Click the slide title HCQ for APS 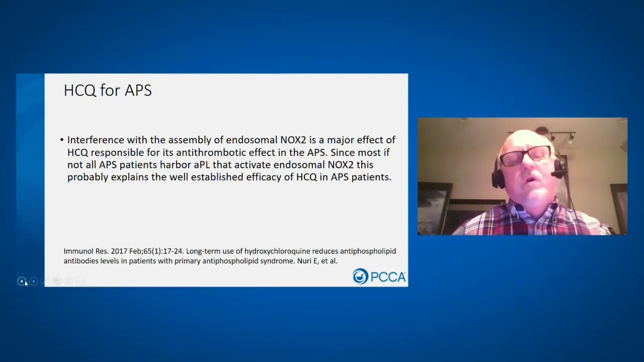(x=107, y=90)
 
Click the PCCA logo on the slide (x=379, y=276)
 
